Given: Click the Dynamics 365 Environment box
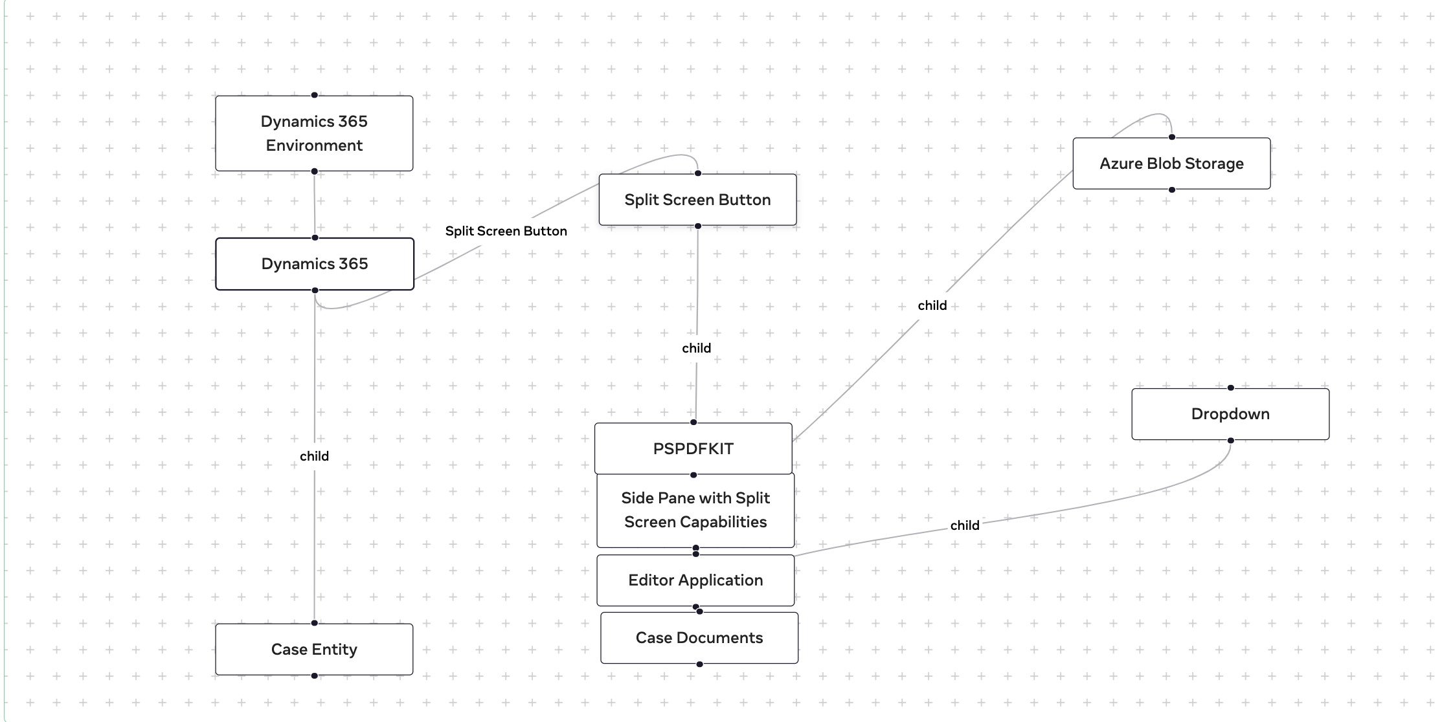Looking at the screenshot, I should (314, 133).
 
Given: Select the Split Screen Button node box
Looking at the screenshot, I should (697, 200).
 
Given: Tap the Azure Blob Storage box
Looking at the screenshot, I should (1171, 164).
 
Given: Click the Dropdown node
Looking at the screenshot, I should (1230, 414).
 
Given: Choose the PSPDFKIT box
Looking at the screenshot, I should (693, 448).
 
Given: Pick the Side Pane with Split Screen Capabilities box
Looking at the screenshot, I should (695, 510).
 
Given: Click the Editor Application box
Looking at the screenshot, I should (695, 580).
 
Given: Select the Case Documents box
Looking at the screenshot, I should (699, 638).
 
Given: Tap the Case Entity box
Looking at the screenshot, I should (314, 650).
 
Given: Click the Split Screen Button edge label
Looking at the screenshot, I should (506, 231).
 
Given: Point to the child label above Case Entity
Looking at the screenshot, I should (314, 456).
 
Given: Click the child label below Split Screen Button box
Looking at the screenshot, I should (696, 348).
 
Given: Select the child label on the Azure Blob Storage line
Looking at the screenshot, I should (932, 305).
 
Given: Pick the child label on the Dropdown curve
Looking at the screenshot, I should (964, 525).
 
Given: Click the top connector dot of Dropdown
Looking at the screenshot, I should (1230, 388).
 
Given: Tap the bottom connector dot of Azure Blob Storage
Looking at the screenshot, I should (1171, 190).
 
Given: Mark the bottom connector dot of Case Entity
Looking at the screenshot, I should (314, 675).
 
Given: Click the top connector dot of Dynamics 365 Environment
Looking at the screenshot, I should (314, 95).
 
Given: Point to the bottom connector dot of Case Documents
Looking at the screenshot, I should (699, 664).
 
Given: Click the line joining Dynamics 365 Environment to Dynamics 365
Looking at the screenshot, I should (314, 204).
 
